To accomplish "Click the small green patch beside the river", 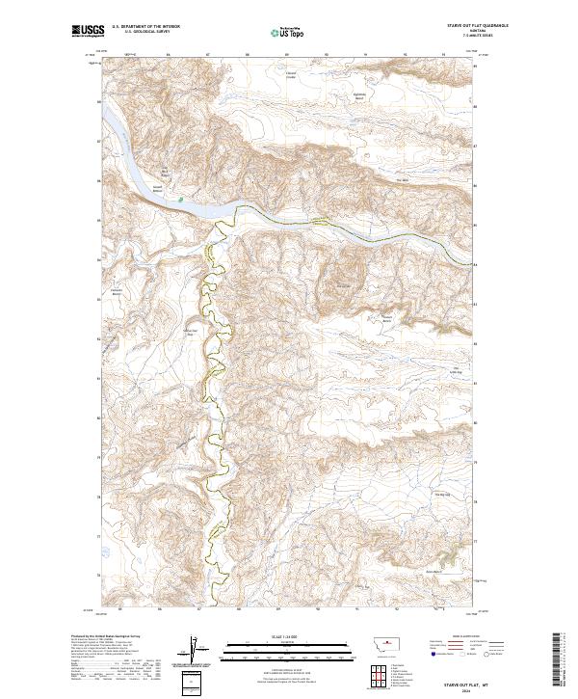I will pos(180,200).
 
